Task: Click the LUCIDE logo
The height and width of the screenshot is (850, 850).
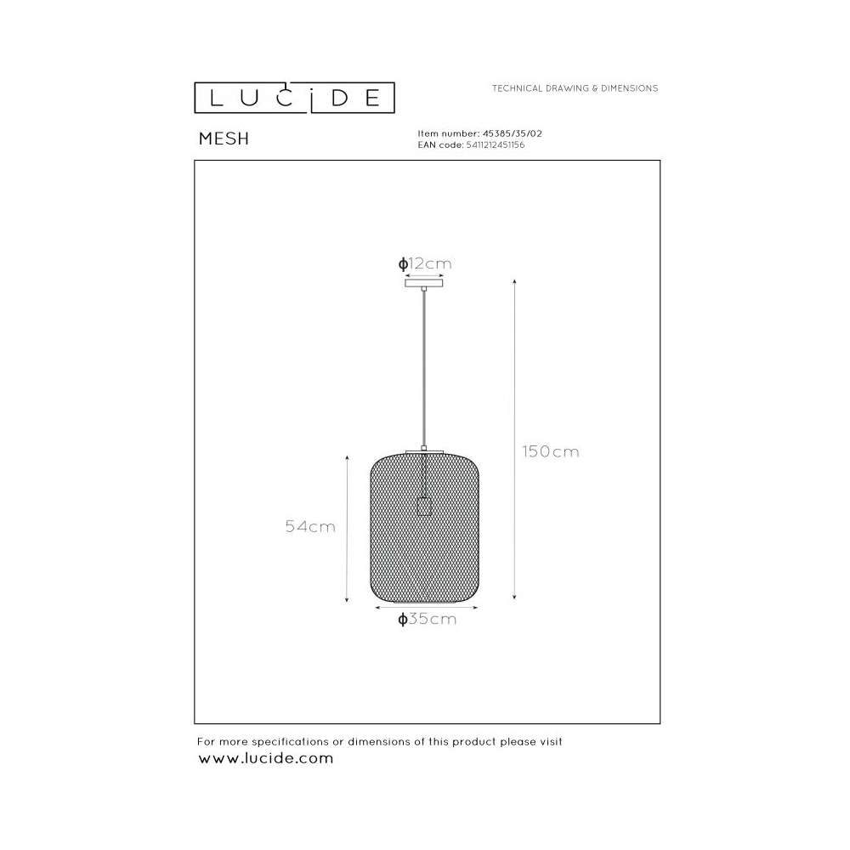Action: point(294,98)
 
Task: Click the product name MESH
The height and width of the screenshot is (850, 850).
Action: point(224,139)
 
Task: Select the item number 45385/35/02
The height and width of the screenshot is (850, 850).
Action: point(513,133)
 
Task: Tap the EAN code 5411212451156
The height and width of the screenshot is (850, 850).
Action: point(496,144)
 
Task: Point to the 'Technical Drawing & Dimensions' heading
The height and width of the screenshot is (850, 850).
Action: point(575,88)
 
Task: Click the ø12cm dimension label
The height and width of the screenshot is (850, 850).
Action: point(425,264)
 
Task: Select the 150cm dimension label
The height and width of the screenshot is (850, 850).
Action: point(551,451)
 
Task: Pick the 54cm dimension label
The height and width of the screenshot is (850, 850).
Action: point(310,526)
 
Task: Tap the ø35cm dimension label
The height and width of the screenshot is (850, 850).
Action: point(428,619)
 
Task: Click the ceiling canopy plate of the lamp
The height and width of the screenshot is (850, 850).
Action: point(424,283)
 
